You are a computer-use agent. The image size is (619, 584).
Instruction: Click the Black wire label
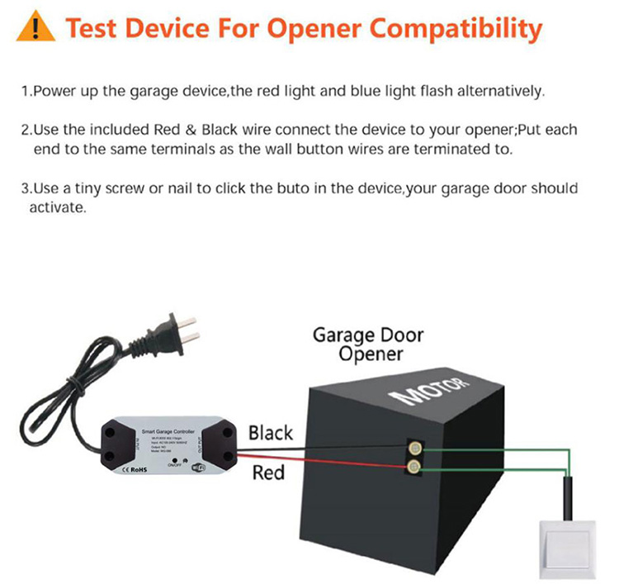[270, 432]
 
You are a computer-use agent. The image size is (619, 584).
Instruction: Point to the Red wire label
[267, 472]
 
